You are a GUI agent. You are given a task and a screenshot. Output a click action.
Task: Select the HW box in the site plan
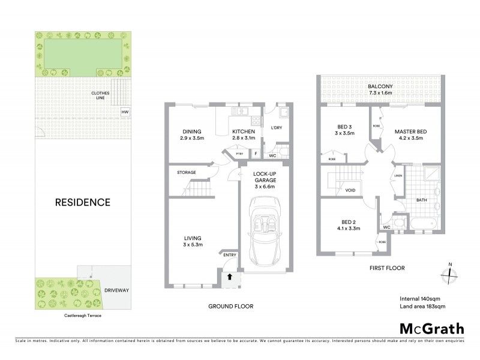[125, 112]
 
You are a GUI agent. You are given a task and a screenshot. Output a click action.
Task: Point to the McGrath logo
[431, 328]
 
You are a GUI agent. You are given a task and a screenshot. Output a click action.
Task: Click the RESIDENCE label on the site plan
[83, 202]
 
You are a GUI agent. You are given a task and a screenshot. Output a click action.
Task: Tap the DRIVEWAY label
[117, 289]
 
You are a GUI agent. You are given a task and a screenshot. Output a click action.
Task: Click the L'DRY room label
[277, 128]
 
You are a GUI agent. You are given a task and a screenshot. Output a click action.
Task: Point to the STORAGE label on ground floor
[186, 173]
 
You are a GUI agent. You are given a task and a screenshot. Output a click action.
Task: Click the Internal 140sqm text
[419, 299]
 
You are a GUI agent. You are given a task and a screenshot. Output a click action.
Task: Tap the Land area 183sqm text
[422, 307]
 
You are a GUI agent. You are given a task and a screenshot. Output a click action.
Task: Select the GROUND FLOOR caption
[230, 307]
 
